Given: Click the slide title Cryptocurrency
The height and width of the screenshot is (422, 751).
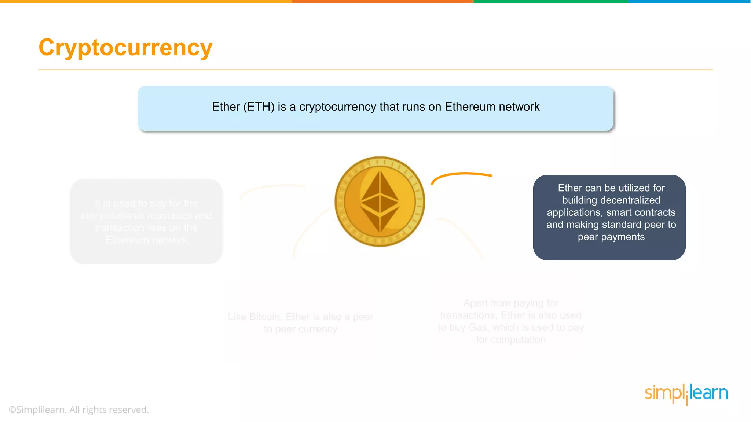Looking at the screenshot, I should pyautogui.click(x=125, y=48).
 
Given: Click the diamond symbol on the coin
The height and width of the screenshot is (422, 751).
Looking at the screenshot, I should pyautogui.click(x=380, y=201).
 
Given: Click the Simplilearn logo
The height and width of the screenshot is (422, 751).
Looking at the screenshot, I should pyautogui.click(x=686, y=393).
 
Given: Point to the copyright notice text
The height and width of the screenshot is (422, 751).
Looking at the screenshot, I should pyautogui.click(x=78, y=410).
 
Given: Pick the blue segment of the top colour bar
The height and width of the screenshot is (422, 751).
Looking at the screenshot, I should pyautogui.click(x=689, y=1).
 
